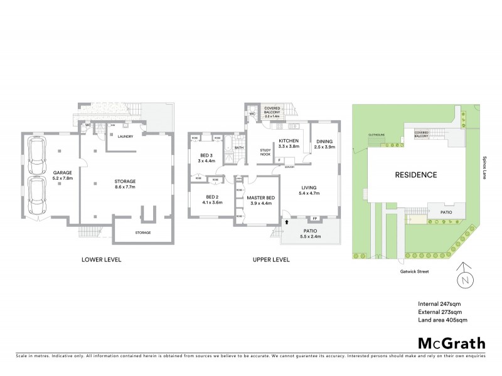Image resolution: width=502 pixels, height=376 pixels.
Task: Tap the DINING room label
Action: point(324,141)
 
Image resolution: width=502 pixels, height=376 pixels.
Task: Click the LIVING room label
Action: point(307,187)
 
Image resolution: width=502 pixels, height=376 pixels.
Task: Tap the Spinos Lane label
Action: point(485,167)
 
